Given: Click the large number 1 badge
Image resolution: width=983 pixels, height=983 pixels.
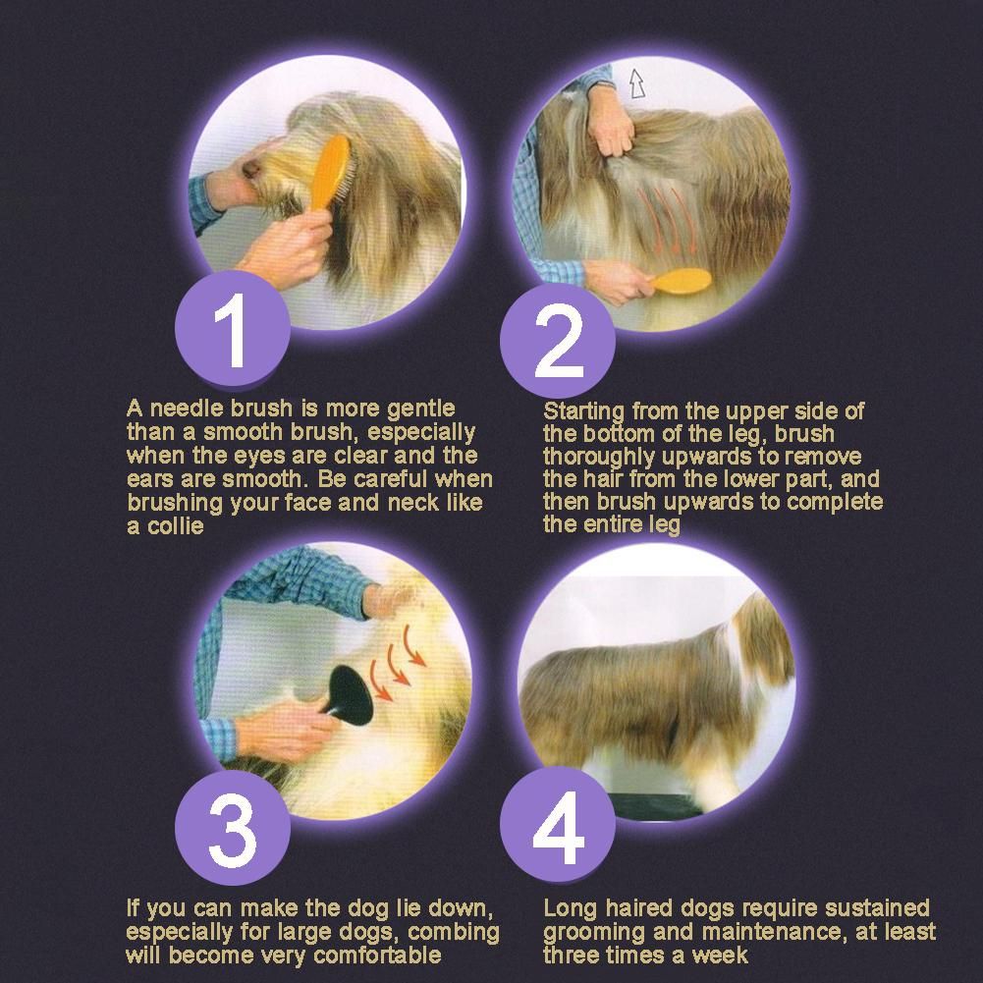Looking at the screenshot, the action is [232, 328].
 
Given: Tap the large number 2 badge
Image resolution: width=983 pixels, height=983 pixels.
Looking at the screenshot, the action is [558, 341].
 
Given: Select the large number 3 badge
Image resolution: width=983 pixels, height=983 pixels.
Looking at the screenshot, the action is [232, 828].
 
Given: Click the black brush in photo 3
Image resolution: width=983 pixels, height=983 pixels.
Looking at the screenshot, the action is [349, 694].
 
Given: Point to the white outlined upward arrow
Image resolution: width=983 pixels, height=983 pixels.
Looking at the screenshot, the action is [637, 83].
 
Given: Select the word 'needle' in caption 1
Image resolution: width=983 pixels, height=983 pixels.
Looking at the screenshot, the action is [187, 409].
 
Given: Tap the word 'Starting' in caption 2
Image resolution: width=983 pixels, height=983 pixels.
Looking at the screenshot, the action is [584, 411].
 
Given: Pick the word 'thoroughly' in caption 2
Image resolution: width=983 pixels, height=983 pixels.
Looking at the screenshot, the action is [601, 457].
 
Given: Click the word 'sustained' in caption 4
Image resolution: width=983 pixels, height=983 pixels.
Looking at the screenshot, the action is [877, 908].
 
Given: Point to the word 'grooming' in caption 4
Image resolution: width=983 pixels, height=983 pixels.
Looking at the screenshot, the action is [594, 933].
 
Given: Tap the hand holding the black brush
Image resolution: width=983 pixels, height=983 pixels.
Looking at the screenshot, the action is [290, 729].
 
